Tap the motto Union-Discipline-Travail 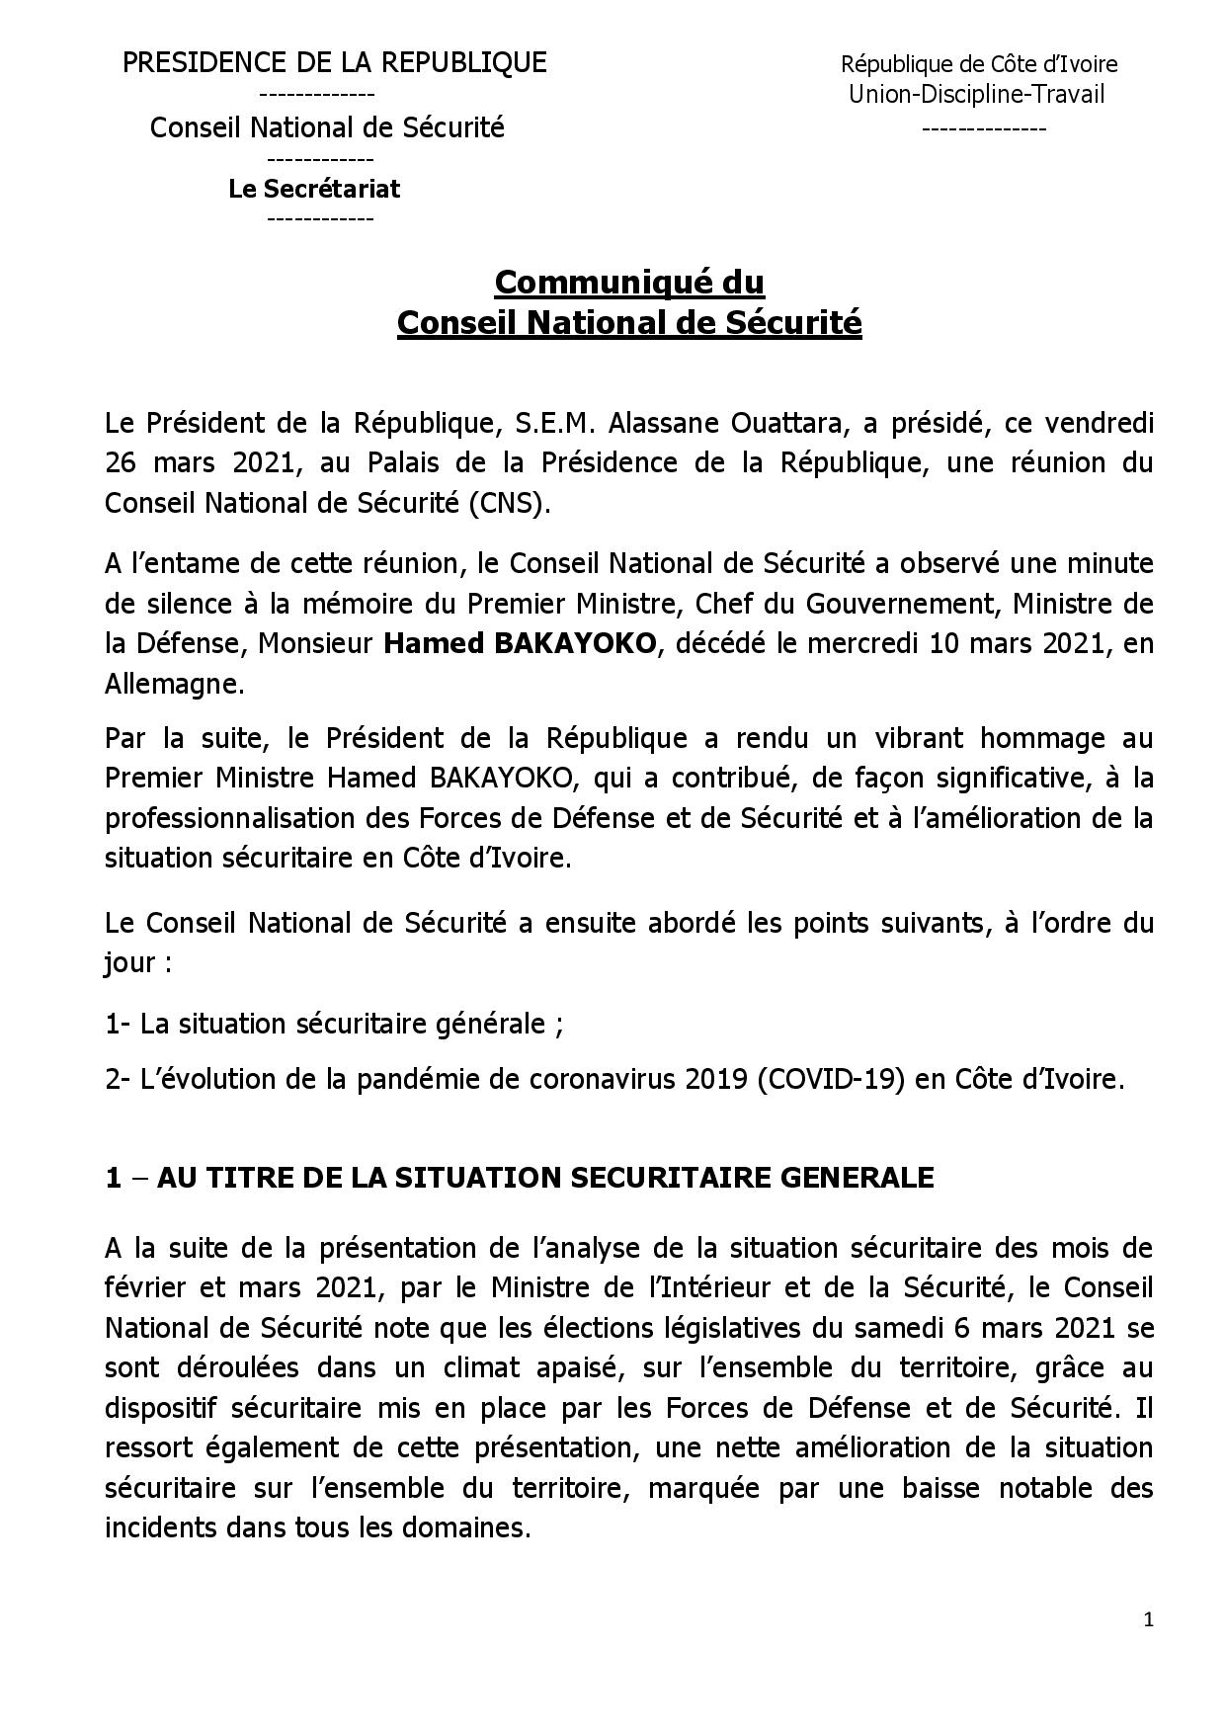click(x=976, y=95)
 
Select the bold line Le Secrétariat click(x=314, y=189)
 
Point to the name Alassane click(x=660, y=424)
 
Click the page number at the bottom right click(x=1148, y=1619)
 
